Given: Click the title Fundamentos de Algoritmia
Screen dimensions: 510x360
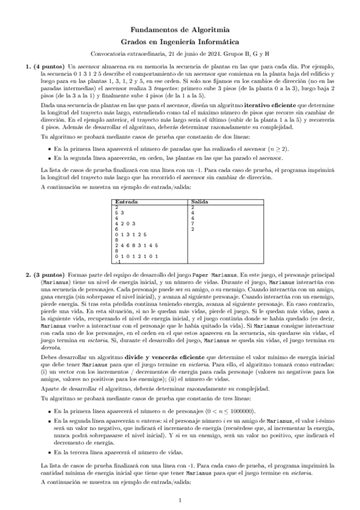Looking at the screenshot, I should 180,28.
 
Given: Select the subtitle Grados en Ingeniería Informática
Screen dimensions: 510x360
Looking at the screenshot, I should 180,41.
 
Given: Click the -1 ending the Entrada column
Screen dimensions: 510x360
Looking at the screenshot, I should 117,262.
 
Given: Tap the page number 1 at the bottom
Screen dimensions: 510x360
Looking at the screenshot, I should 180,500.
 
